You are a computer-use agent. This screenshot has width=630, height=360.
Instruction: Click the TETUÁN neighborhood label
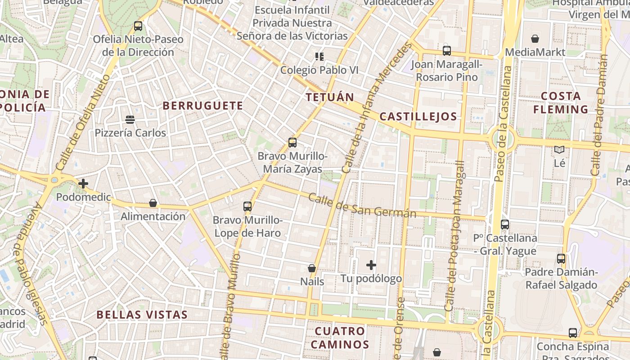[330, 97]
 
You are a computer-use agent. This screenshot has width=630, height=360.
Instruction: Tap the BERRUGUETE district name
[202, 106]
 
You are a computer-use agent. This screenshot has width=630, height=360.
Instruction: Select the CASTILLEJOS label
[418, 117]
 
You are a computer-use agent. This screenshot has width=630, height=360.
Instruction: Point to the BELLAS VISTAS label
[142, 315]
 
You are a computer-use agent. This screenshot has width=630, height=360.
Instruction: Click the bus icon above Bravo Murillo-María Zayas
[292, 143]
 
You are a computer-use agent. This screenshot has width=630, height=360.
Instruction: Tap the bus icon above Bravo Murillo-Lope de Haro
[247, 207]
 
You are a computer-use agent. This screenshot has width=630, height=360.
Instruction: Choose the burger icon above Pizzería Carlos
[130, 120]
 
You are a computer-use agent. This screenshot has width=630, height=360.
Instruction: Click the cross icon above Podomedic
[83, 184]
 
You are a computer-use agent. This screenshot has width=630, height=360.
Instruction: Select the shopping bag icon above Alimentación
[153, 203]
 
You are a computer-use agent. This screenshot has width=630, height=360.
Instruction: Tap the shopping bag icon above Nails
[312, 268]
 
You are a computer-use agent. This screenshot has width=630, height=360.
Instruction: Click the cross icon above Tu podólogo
[371, 265]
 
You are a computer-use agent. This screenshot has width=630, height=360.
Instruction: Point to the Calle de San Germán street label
[362, 206]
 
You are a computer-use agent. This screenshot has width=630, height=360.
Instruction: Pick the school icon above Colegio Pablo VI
[319, 57]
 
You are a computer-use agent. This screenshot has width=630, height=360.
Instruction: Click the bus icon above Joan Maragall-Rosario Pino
[446, 51]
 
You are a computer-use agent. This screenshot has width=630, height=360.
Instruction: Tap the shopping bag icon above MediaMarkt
[535, 39]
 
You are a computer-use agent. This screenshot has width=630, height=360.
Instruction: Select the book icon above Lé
[559, 150]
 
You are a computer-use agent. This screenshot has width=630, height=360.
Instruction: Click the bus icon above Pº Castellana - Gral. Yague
[505, 224]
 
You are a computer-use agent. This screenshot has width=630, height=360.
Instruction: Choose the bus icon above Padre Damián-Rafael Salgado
[561, 259]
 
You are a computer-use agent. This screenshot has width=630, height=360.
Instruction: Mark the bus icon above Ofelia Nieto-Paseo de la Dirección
[138, 26]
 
